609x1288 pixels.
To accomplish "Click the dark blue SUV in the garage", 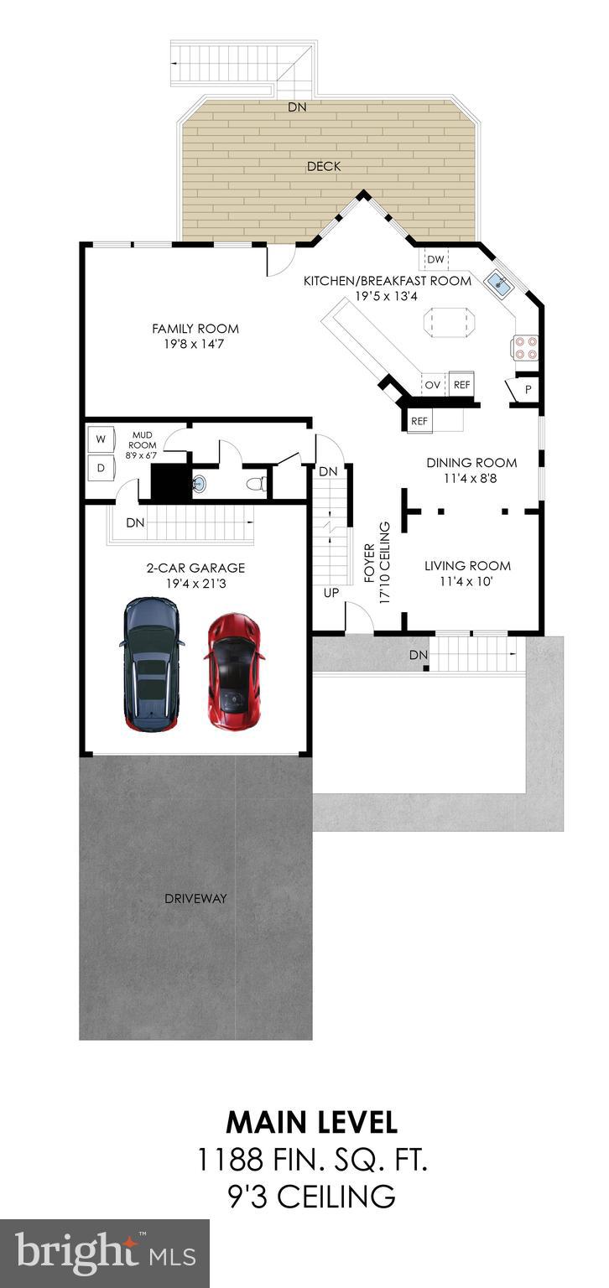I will pos(151,662).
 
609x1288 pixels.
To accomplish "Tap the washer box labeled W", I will pos(101,439).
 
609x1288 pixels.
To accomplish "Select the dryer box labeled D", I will pos(101,468).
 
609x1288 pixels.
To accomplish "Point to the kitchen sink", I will pos(498,283).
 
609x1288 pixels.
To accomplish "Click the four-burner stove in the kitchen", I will pos(525,347).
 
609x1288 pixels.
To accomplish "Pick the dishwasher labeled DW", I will pos(435,259).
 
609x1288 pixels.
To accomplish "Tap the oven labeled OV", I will pos(433,385).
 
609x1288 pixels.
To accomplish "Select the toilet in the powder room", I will pos(258,484).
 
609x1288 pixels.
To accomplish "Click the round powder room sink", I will pos(199,483).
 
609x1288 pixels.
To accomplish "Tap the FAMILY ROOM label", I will pos(195,329).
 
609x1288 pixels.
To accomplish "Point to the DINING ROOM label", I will pos(471,462).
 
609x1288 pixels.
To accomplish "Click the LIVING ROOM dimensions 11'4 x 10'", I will pos(467,581).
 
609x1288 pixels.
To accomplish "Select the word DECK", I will pos(324,166).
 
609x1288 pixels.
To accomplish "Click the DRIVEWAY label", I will pos(195,898).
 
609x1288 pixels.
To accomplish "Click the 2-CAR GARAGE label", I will pos(195,568).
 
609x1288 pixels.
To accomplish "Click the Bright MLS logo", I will pos(104,1254).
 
